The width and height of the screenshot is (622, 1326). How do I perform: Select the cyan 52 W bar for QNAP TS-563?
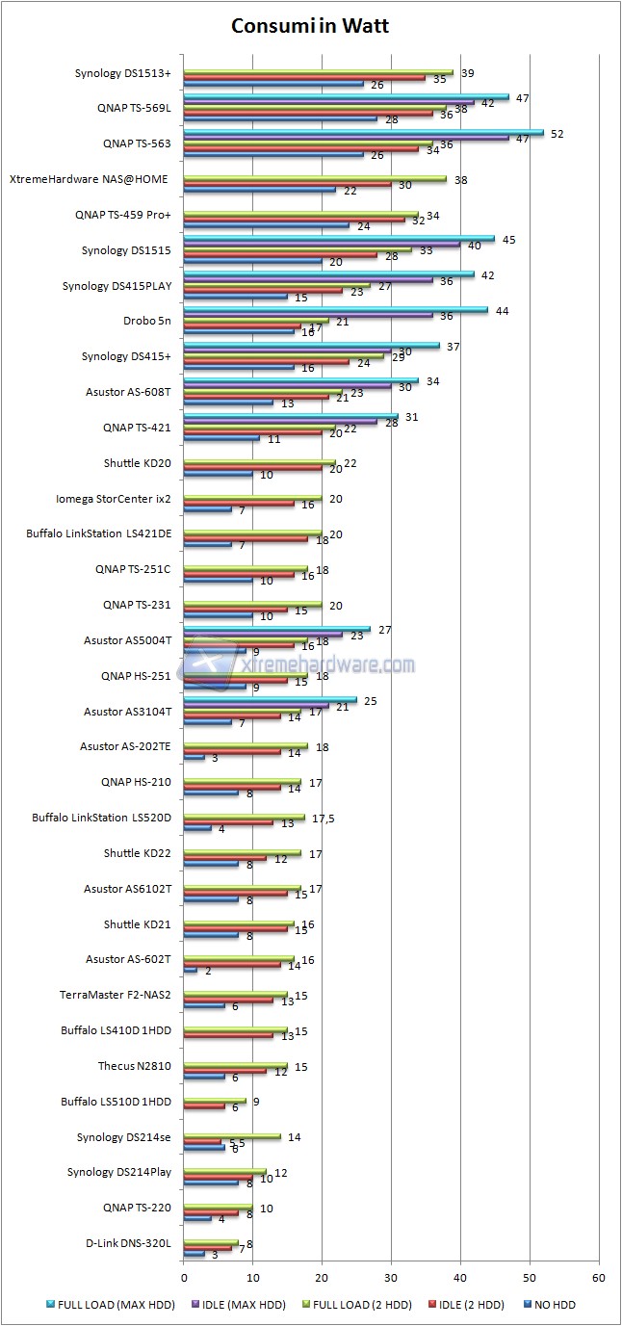[x=363, y=133]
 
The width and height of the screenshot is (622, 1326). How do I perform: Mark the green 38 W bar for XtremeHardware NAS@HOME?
[x=315, y=179]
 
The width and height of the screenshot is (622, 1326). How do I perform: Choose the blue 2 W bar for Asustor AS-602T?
[x=191, y=971]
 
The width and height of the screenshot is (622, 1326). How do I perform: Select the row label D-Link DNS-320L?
[x=128, y=1243]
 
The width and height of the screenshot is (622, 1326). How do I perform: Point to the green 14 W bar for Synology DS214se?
[x=232, y=1137]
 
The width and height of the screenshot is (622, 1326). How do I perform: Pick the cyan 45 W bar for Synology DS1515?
[x=339, y=239]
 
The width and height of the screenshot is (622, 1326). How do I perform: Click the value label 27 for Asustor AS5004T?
[x=384, y=630]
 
